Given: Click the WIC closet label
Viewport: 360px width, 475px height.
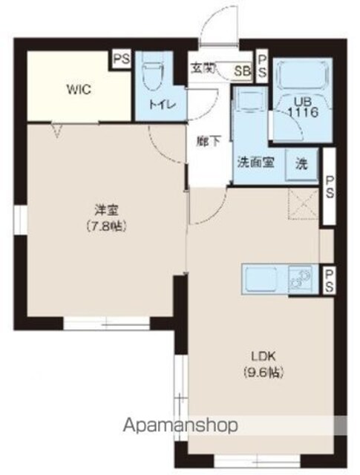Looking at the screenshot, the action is [x=79, y=89].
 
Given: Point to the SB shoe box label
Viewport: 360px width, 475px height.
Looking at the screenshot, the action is [x=243, y=71].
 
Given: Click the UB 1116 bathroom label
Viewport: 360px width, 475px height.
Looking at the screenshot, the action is [x=303, y=108].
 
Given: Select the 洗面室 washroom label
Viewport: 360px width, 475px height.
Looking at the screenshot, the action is [x=256, y=163].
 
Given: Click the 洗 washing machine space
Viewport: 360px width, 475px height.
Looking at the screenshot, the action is [x=301, y=165].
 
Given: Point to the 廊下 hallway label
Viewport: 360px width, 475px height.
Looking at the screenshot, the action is [x=209, y=142].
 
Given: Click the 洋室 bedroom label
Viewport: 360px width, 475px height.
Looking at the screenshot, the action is [x=106, y=210].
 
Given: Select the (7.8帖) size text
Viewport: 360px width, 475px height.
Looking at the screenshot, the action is [x=106, y=226].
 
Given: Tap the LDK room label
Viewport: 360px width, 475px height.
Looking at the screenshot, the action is [x=264, y=356].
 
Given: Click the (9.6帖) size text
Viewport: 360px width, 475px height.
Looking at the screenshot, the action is [x=264, y=373].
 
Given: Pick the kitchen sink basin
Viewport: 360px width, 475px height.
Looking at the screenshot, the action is [x=261, y=279].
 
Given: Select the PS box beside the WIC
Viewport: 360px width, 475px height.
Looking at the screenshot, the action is [x=122, y=59].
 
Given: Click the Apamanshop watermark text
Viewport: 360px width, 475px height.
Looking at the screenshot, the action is [x=180, y=425].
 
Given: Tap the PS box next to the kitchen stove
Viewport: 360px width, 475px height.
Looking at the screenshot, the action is [x=330, y=281].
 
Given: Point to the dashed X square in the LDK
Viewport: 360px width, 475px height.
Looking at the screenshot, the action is [x=304, y=203].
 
